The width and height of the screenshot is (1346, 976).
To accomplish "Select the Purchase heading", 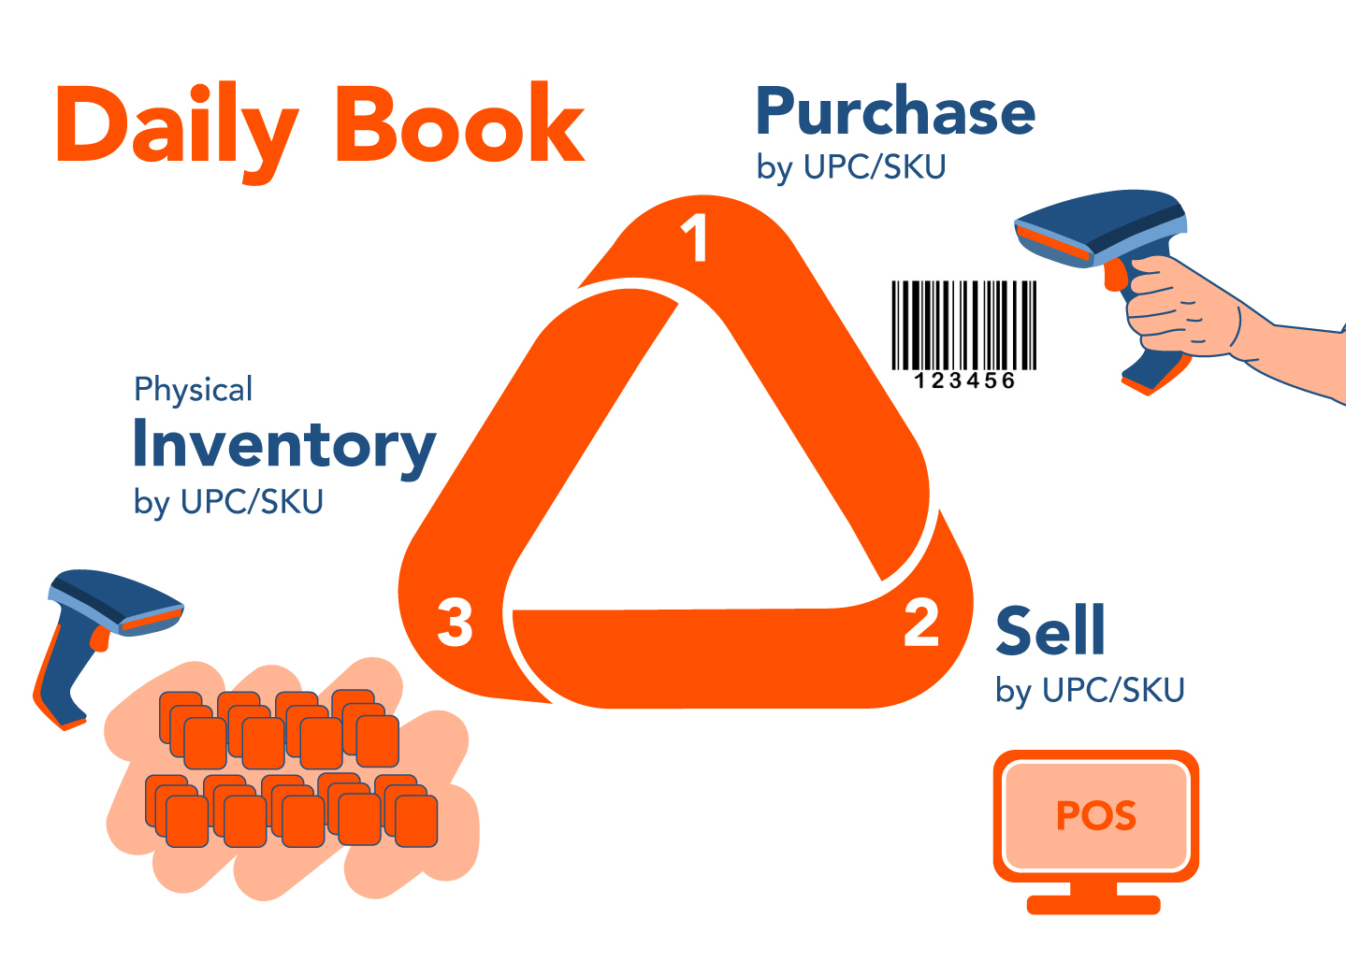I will click(x=895, y=112).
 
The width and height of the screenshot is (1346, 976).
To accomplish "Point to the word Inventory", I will click(x=284, y=445).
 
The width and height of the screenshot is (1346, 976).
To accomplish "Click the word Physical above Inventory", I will click(x=193, y=389).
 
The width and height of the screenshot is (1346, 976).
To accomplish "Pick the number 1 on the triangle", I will click(x=694, y=238).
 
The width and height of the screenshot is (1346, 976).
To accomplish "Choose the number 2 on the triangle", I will click(x=921, y=623).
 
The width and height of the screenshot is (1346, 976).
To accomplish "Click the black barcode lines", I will click(x=963, y=324).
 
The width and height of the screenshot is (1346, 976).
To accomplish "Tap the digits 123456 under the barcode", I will click(x=963, y=380).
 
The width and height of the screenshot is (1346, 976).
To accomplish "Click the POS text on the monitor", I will click(x=1096, y=816).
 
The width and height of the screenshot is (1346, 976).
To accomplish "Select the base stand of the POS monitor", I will click(x=1093, y=904).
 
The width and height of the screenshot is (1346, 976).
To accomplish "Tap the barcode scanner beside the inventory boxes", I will click(x=94, y=626).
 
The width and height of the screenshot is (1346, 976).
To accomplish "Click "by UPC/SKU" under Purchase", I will click(x=851, y=167).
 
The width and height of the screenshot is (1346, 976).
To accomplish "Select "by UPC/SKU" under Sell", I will click(x=1090, y=691).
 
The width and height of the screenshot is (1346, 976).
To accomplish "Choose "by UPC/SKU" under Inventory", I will click(x=228, y=502).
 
